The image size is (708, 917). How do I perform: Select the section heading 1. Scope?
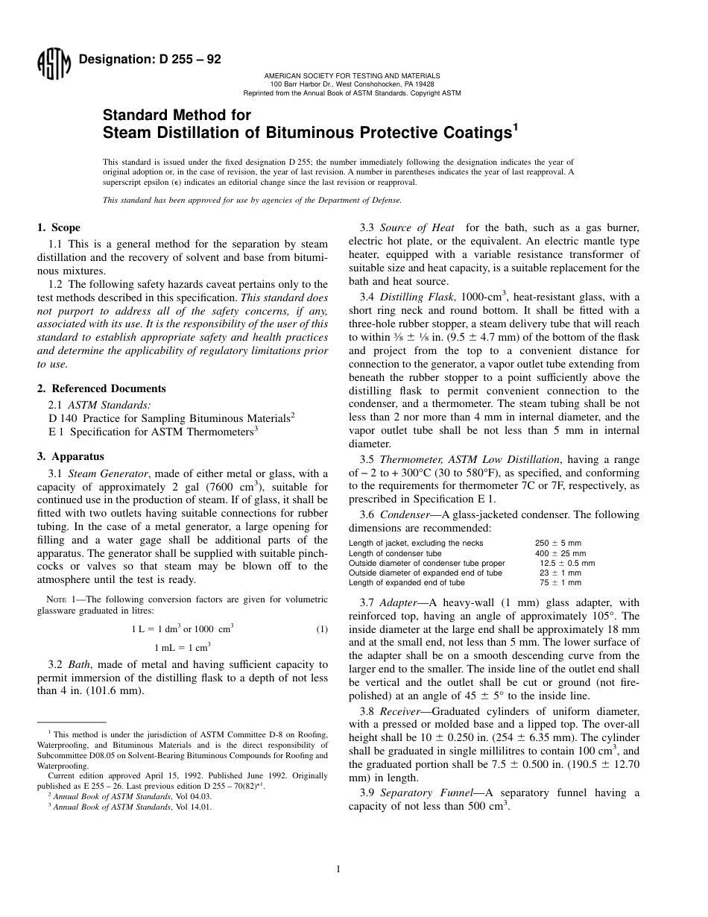pos(59,227)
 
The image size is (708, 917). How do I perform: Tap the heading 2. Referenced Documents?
pos(101,388)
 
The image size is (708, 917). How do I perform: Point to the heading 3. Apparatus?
pos(71,456)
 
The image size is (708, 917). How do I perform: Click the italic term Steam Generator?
pos(107,473)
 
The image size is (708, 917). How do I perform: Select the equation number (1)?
pos(322,629)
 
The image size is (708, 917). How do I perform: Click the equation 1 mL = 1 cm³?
pos(183,647)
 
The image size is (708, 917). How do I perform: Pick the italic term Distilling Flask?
pos(413,297)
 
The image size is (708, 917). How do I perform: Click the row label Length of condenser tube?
pos(395,553)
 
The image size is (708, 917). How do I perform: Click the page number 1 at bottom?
pos(338,869)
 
